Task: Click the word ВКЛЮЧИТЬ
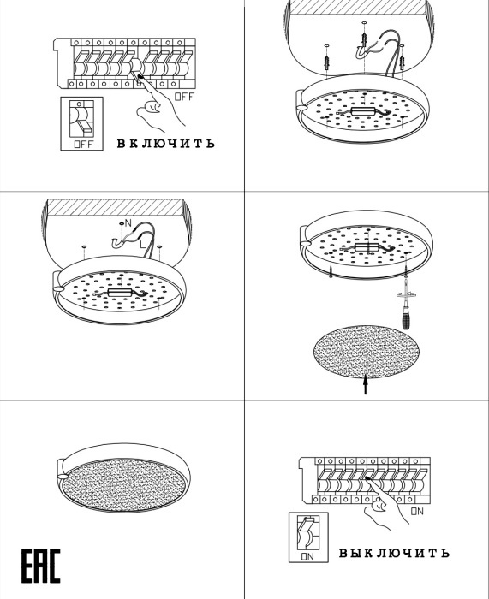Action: (x=165, y=144)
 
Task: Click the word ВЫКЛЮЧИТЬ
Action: (x=394, y=553)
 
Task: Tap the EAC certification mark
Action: (x=40, y=566)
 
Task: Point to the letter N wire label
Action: (x=128, y=223)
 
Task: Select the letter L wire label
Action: (x=142, y=245)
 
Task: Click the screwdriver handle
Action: (x=406, y=317)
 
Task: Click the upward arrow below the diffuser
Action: (x=366, y=384)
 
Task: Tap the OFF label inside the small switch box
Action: (x=83, y=145)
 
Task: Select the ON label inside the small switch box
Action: (x=307, y=556)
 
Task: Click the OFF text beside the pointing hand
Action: (x=184, y=97)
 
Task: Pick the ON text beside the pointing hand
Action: (x=417, y=511)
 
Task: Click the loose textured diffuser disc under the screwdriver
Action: (x=367, y=352)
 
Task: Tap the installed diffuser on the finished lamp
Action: (x=124, y=485)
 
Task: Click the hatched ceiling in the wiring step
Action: (x=115, y=207)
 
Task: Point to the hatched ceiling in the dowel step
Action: (x=358, y=7)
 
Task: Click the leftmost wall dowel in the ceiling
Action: (x=326, y=61)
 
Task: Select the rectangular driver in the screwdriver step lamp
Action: (x=367, y=246)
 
